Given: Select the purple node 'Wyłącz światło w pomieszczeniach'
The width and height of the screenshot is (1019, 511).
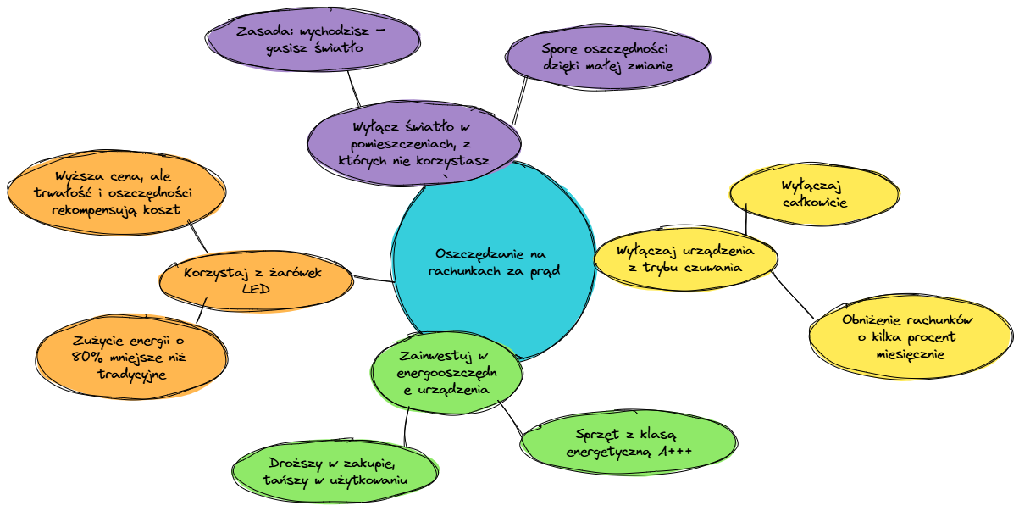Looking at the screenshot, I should click(413, 143).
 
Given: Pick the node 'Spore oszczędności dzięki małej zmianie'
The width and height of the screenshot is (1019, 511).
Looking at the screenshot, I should click(607, 57).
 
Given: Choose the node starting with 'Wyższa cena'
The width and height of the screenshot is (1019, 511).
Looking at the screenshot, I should click(116, 192).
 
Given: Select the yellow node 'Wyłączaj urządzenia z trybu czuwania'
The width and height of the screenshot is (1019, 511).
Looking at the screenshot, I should click(685, 258).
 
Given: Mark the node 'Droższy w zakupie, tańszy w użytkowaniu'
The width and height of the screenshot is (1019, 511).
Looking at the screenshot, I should click(337, 472).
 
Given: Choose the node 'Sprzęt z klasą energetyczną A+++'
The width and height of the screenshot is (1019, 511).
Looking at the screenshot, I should click(629, 441).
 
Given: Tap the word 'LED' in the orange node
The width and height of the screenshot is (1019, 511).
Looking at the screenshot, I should click(256, 289).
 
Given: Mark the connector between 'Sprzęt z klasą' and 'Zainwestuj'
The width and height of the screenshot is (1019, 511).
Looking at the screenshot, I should click(511, 417).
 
